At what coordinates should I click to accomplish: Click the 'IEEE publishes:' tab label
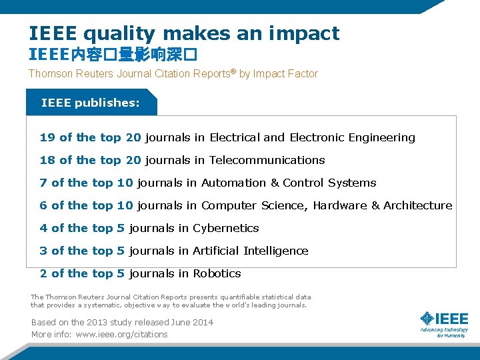[91, 103]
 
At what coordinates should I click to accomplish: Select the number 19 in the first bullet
[47, 138]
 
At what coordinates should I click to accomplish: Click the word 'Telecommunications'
[267, 161]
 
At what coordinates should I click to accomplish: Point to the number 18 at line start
[47, 161]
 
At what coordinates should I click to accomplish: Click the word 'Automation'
[233, 183]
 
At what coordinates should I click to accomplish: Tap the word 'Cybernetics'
[225, 229]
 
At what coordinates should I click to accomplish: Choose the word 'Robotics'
[217, 274]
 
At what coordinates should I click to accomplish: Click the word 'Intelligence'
[275, 251]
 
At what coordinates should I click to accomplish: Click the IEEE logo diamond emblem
[427, 320]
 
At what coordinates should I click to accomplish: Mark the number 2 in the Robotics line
[43, 274]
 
